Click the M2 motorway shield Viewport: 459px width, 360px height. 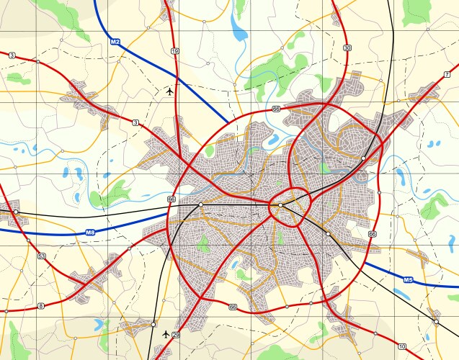(115, 42)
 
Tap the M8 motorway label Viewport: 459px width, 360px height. (90, 232)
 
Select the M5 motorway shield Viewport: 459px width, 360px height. (408, 279)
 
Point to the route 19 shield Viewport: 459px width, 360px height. (175, 51)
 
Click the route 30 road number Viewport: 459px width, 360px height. (348, 48)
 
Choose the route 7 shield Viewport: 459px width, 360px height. (447, 74)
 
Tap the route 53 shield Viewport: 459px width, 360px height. (42, 256)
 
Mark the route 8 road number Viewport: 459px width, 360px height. (40, 307)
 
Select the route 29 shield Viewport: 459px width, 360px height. (176, 335)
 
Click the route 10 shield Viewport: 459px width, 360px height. (402, 346)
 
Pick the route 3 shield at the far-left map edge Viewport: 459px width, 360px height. (12, 55)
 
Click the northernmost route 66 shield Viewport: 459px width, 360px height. (276, 109)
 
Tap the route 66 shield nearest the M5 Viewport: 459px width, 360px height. (372, 235)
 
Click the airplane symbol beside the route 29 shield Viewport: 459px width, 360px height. (166, 334)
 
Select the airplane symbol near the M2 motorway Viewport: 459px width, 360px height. (169, 91)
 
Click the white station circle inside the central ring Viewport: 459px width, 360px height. (280, 205)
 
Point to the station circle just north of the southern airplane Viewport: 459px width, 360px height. (153, 325)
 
